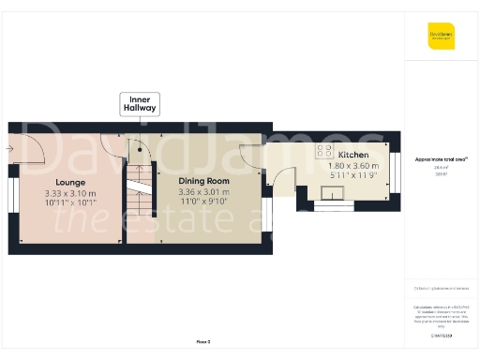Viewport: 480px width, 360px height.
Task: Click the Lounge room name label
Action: (x=70, y=182)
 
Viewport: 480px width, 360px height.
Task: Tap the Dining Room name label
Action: (x=203, y=180)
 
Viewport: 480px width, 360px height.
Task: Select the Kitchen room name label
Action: (x=352, y=155)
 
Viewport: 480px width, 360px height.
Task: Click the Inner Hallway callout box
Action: (x=139, y=104)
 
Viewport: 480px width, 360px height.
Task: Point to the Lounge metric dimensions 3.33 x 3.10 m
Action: (x=70, y=193)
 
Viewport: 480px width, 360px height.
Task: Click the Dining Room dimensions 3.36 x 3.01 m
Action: (x=203, y=192)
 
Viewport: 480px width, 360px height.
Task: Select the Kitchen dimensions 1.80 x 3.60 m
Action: (x=352, y=165)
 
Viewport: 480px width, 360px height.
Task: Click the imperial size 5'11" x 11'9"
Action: (x=352, y=175)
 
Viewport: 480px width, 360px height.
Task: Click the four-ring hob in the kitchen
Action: (x=324, y=149)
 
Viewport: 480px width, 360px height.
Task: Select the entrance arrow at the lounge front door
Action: (x=9, y=147)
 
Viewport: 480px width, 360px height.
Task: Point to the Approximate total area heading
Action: (x=442, y=159)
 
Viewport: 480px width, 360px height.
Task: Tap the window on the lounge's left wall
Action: (x=13, y=198)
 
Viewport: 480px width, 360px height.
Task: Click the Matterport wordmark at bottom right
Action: (x=442, y=335)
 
